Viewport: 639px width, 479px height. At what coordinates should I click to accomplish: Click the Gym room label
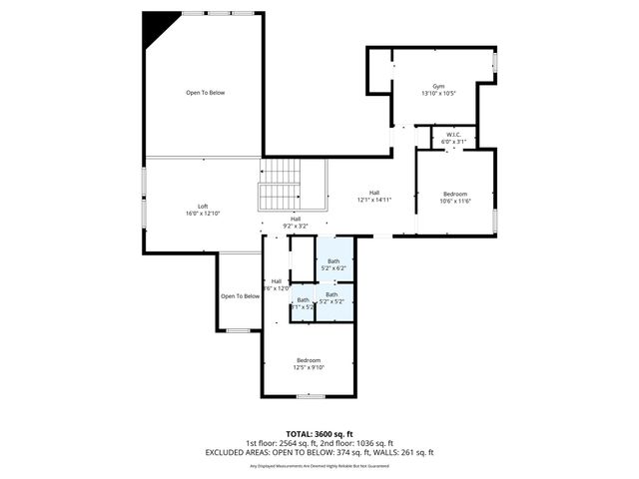point(438,86)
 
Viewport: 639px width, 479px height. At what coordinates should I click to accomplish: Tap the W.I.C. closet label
point(454,135)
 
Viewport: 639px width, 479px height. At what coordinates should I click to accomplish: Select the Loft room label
point(203,206)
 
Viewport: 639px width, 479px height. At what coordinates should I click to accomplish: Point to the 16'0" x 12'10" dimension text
point(203,214)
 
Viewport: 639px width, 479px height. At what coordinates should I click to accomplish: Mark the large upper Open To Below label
point(205,93)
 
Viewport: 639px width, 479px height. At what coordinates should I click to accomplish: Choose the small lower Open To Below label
point(240,295)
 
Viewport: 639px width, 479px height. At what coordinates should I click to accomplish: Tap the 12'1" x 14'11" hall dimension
point(374,200)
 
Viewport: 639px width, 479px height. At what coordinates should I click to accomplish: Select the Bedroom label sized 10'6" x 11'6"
point(455,194)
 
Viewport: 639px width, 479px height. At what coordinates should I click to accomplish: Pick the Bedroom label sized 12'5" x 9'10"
point(309,359)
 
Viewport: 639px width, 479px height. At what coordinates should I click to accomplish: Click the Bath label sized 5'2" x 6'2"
point(333,261)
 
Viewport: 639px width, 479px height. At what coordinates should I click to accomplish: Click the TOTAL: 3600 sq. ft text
point(319,434)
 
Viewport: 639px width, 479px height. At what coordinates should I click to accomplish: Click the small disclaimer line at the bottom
point(319,466)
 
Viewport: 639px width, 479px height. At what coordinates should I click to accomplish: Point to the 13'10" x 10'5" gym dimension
point(438,94)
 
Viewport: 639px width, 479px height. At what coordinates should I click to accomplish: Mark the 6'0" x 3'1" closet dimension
point(454,142)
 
